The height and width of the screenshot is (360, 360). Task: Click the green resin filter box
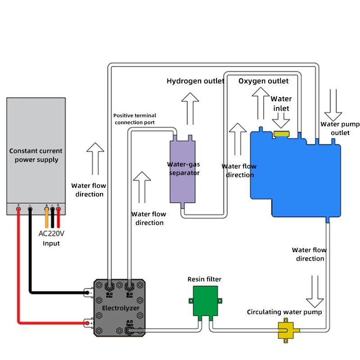(206, 302)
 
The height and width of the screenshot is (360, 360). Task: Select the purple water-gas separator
(183, 171)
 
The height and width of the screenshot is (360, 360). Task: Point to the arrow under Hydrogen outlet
(190, 108)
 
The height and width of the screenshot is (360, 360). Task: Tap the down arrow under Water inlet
(281, 120)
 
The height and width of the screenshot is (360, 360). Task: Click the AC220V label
(51, 234)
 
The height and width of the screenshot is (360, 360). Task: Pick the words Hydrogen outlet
(195, 81)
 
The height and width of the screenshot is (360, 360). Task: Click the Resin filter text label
(204, 279)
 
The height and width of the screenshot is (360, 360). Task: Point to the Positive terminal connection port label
(135, 119)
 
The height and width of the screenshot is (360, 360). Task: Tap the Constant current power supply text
(36, 155)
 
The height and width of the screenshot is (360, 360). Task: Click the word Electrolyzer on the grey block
(120, 308)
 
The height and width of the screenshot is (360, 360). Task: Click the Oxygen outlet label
(263, 81)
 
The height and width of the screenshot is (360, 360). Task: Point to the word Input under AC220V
(51, 243)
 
